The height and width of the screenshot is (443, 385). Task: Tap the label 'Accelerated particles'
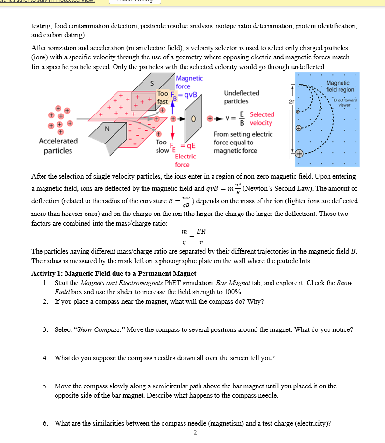pyautogui.click(x=58, y=146)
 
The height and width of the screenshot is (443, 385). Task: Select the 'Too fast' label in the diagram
pyautogui.click(x=163, y=98)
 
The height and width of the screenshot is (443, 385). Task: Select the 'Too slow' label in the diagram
pyautogui.click(x=162, y=147)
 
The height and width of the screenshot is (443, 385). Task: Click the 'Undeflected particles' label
pyautogui.click(x=242, y=97)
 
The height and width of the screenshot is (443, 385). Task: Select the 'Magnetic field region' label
pyautogui.click(x=340, y=86)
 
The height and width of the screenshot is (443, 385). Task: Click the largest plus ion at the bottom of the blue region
pyautogui.click(x=299, y=154)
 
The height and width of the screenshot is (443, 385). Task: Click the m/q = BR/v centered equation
pyautogui.click(x=193, y=237)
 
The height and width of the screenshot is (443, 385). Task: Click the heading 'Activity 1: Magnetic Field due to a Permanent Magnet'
pyautogui.click(x=114, y=274)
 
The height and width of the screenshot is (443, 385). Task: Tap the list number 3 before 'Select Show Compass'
pyautogui.click(x=44, y=329)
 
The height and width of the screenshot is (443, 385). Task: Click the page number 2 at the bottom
pyautogui.click(x=195, y=432)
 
